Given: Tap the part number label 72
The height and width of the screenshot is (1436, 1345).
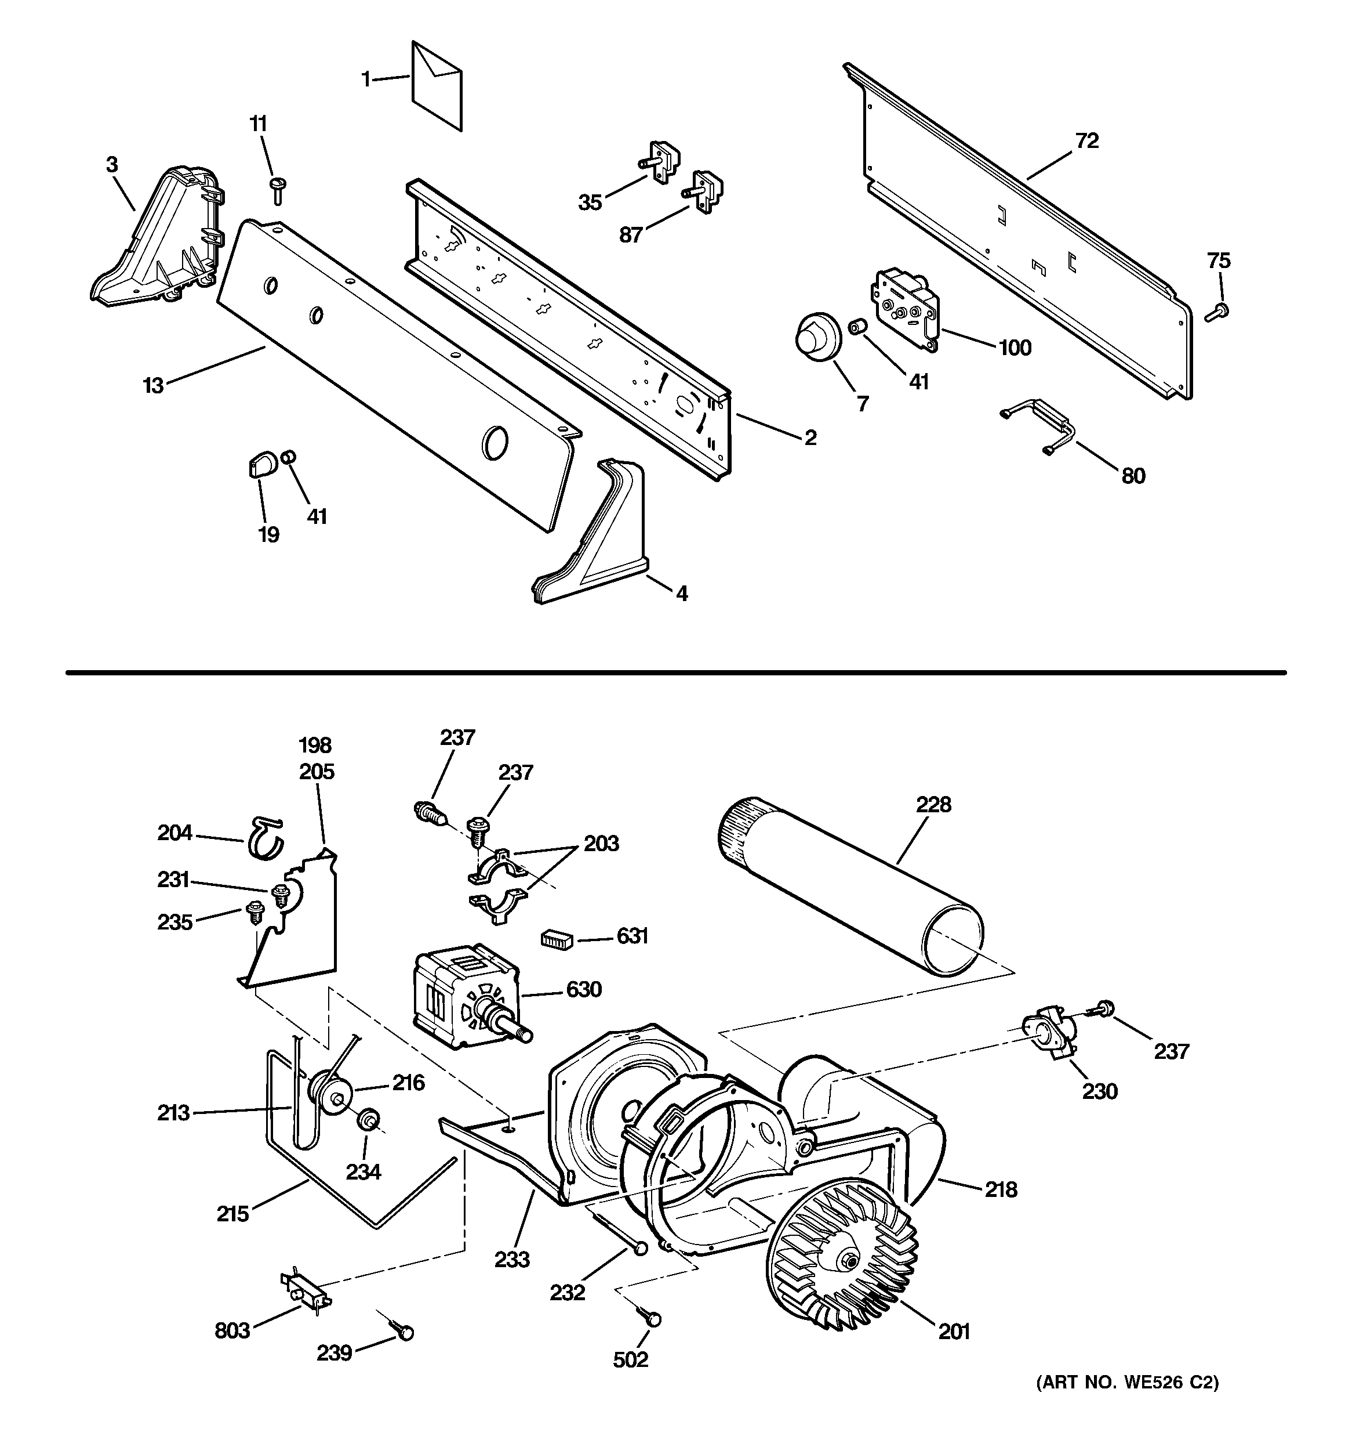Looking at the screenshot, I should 1086,141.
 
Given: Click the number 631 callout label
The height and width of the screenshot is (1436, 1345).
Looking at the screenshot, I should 632,936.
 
